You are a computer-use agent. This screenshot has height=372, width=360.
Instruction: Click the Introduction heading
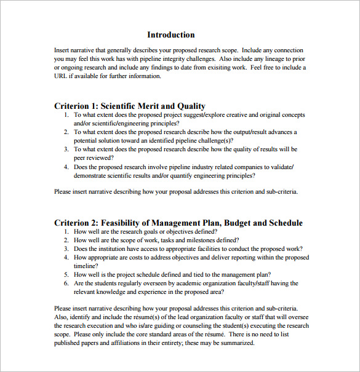pyautogui.click(x=171, y=35)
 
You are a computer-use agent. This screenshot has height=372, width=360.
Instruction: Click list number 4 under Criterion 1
pyautogui.click(x=66, y=167)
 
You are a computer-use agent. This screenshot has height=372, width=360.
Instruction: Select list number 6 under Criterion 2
pyautogui.click(x=66, y=283)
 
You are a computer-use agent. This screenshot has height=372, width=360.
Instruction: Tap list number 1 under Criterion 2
pyautogui.click(x=66, y=232)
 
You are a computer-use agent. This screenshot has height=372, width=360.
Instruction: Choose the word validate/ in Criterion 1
pyautogui.click(x=281, y=167)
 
